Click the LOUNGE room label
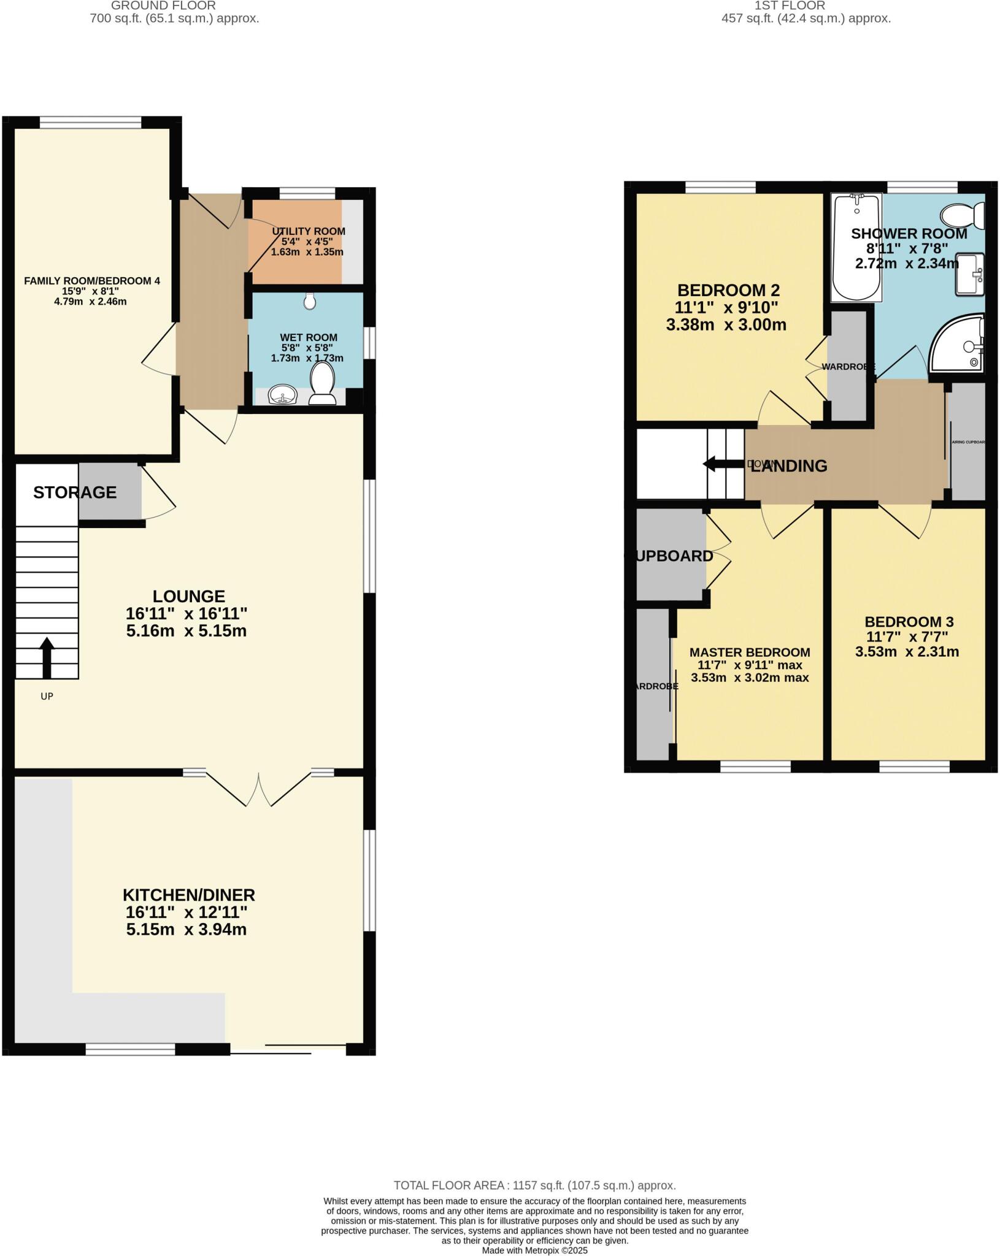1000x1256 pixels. pos(189,596)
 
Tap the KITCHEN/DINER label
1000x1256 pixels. pos(189,895)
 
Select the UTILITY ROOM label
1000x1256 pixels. pos(309,231)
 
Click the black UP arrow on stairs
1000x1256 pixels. pos(47,657)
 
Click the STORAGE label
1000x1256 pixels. pos(75,492)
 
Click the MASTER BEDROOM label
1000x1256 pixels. pos(750,653)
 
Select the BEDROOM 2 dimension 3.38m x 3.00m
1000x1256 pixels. pos(726,325)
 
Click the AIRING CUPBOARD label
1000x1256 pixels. pos(967,442)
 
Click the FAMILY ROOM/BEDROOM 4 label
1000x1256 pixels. pos(92,281)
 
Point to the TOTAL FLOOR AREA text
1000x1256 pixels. pos(534,1185)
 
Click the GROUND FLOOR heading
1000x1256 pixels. pos(163,6)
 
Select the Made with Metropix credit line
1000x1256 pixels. pos(534,1250)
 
